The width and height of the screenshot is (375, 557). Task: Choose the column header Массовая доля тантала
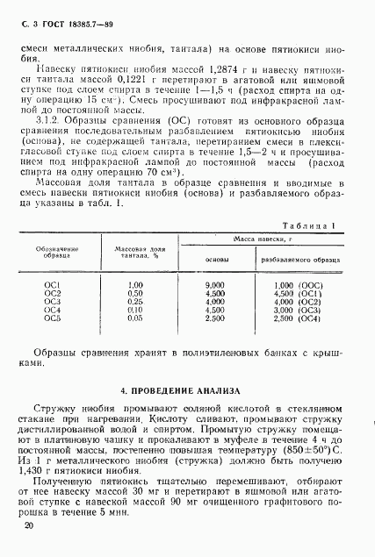pos(134,251)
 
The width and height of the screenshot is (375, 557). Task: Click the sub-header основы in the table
pos(215,260)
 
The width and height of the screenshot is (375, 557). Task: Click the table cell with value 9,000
pos(214,285)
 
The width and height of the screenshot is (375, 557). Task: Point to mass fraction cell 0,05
pos(135,318)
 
